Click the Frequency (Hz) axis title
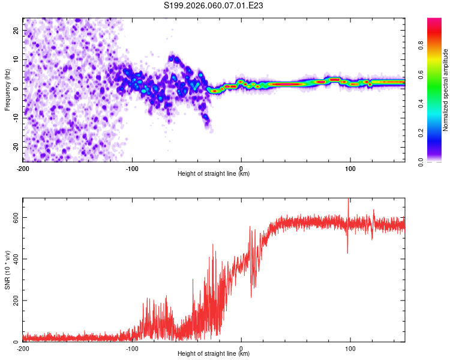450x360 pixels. coord(7,89)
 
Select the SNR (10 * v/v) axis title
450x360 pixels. coord(7,269)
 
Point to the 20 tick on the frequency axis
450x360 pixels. coord(16,30)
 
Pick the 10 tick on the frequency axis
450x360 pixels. coord(16,59)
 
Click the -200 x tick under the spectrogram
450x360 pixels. coord(23,168)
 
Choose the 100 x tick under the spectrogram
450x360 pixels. coord(350,168)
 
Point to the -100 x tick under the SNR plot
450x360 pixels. coord(132,348)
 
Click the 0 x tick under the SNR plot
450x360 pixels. coord(241,348)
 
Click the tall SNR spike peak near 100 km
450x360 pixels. coord(349,200)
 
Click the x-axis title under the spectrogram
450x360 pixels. coord(214,174)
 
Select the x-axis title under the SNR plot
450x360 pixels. coord(214,354)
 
